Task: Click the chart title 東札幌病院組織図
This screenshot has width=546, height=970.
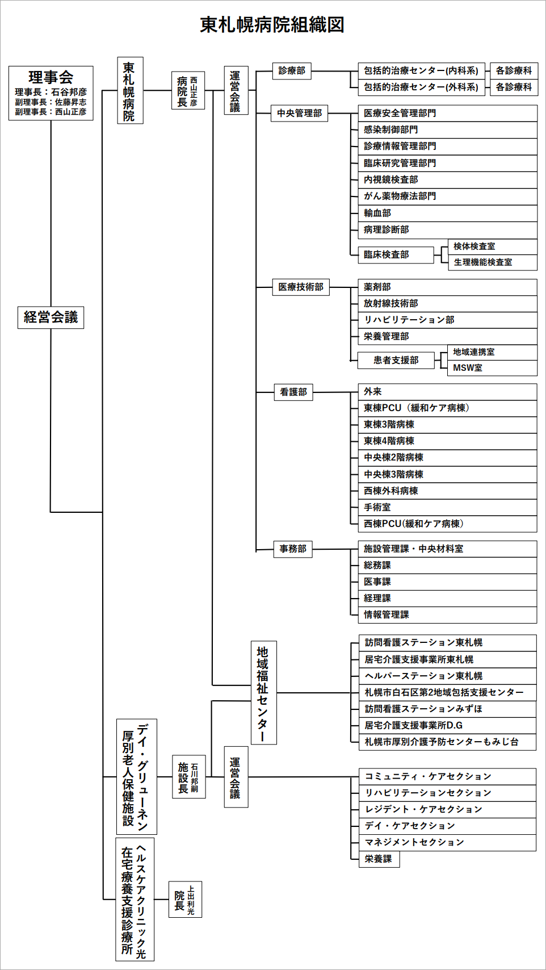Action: click(272, 25)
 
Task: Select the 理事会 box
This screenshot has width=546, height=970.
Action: click(51, 93)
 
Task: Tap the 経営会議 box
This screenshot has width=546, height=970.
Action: click(51, 317)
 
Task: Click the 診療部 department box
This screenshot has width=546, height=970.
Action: click(292, 70)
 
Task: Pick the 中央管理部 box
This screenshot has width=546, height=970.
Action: click(299, 114)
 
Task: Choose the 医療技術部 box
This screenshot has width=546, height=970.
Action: click(301, 287)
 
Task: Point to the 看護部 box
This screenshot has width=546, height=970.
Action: click(293, 392)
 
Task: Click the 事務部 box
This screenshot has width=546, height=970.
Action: click(293, 549)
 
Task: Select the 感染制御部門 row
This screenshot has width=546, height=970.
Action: click(448, 130)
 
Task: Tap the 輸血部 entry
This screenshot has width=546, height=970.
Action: click(448, 213)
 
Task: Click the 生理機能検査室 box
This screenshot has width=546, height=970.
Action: click(493, 262)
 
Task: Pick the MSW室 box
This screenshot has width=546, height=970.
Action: click(492, 368)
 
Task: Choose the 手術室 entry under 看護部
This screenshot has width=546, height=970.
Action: click(448, 508)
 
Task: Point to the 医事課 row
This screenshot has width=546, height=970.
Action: click(448, 582)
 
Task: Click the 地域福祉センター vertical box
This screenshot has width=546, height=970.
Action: click(264, 693)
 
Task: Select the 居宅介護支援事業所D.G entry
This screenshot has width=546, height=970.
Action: click(447, 725)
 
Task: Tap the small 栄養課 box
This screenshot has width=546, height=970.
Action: click(379, 859)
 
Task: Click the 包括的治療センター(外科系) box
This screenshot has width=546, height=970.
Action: click(421, 87)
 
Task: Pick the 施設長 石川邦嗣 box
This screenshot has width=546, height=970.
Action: click(189, 777)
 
